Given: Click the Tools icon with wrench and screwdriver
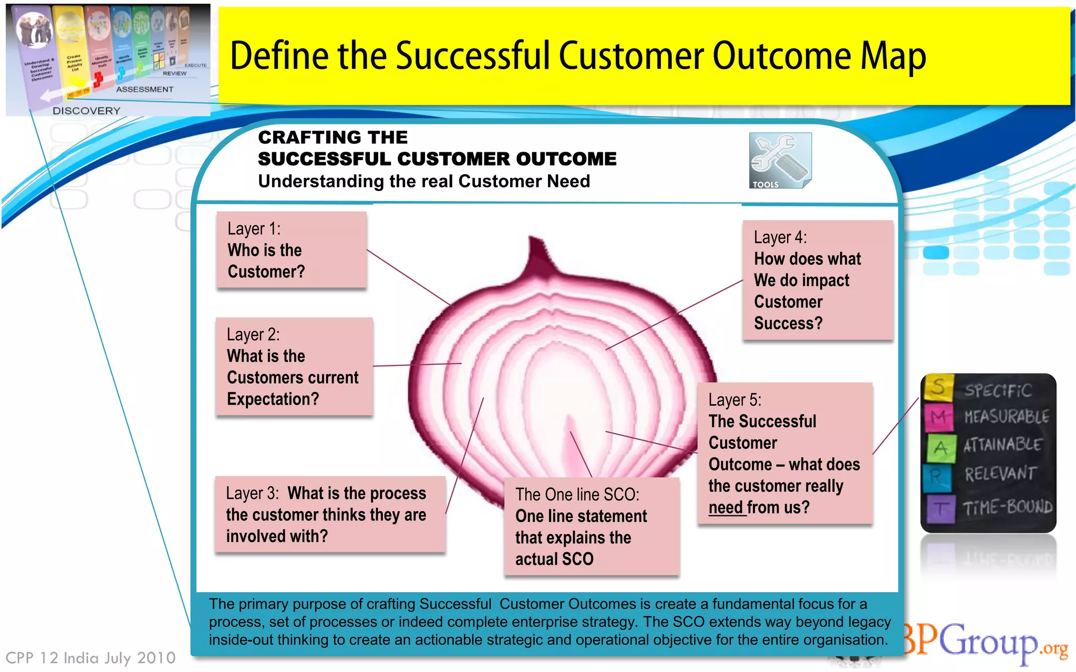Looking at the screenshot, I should point(780,160).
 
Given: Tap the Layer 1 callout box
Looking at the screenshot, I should point(291,250).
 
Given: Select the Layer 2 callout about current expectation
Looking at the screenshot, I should point(294,367).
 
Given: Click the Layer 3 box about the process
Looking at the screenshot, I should point(330,514).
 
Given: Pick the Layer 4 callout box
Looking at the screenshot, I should point(818,280).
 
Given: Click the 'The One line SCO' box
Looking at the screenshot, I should point(591,527).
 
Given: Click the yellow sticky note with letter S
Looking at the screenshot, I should point(938,387).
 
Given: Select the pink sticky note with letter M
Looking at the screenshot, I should point(938,417).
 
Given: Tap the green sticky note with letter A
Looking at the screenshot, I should point(940,448).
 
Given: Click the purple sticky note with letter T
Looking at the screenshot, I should point(940,508).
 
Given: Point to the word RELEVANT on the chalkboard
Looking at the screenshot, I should point(1000,474).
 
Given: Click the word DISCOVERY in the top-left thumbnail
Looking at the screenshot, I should point(86,111).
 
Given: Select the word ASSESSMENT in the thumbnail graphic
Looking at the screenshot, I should point(144,89).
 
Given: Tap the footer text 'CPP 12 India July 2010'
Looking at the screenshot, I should point(90,658).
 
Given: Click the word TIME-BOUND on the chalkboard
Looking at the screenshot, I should point(1007,507).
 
